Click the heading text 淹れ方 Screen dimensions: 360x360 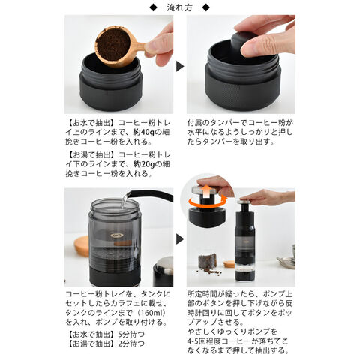[x=180, y=7]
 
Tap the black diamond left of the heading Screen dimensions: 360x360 [x=153, y=7]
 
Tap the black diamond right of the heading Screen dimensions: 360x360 [x=206, y=7]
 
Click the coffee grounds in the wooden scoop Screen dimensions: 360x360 [x=113, y=44]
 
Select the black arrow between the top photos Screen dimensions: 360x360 [x=180, y=66]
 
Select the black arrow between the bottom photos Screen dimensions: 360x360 [x=180, y=239]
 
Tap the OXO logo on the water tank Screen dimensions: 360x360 [x=116, y=235]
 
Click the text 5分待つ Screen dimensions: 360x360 [x=131, y=334]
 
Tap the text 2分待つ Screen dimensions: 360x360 [x=131, y=343]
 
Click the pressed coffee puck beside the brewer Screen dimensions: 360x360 [x=207, y=261]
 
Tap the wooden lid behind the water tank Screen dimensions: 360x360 [x=82, y=246]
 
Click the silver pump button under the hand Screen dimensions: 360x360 [x=246, y=202]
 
